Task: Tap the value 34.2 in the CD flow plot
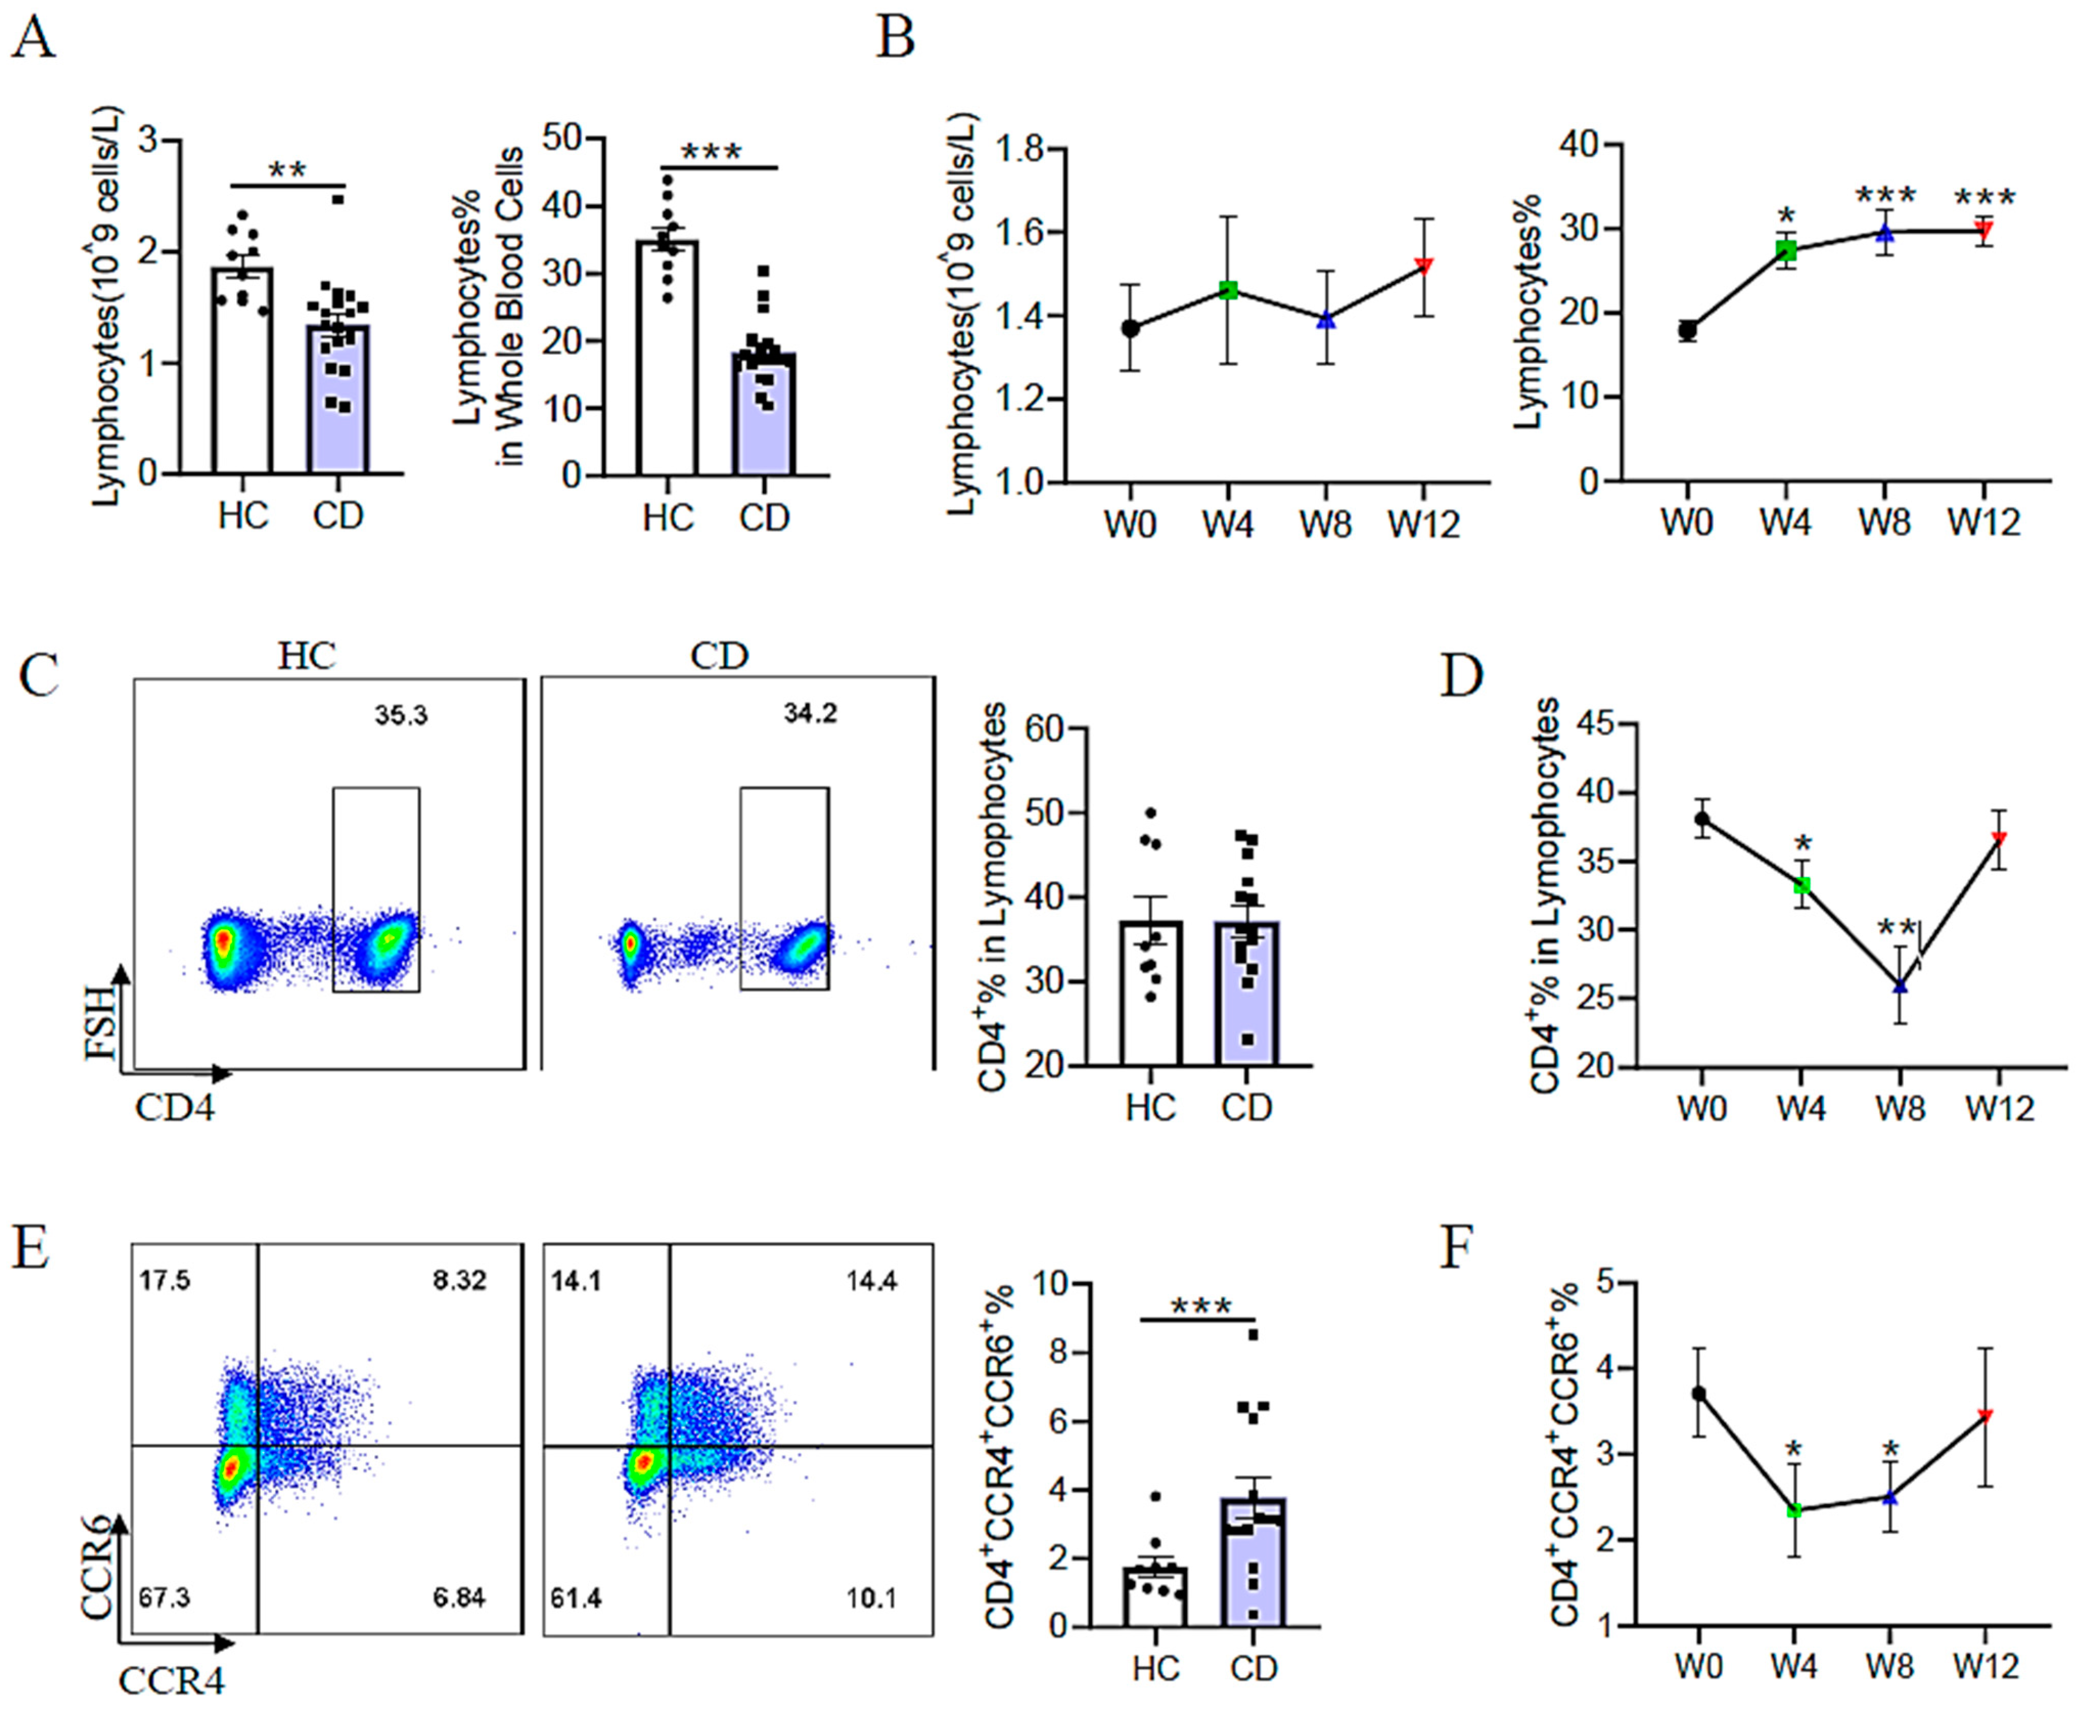pyautogui.click(x=810, y=713)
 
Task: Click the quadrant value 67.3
pyautogui.click(x=165, y=1597)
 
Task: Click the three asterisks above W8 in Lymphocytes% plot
pyautogui.click(x=1885, y=196)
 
